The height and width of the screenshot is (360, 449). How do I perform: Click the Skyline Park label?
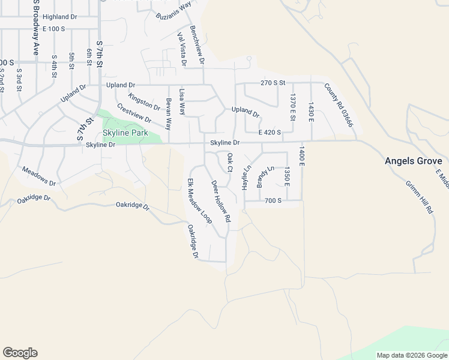pyautogui.click(x=124, y=133)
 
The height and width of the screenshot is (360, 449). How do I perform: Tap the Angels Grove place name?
pyautogui.click(x=414, y=161)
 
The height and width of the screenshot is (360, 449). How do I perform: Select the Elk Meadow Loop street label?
pyautogui.click(x=199, y=201)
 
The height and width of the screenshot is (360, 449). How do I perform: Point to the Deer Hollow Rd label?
pyautogui.click(x=220, y=202)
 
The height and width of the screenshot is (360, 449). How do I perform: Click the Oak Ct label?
pyautogui.click(x=229, y=162)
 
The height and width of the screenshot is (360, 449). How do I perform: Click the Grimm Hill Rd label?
pyautogui.click(x=419, y=197)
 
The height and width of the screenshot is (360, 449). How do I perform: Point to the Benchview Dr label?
pyautogui.click(x=197, y=45)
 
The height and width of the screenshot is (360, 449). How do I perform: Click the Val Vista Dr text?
pyautogui.click(x=181, y=49)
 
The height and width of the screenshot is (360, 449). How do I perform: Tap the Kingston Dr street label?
pyautogui.click(x=144, y=101)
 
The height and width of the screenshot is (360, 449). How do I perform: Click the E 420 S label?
pyautogui.click(x=270, y=133)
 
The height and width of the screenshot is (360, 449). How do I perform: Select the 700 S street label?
pyautogui.click(x=273, y=200)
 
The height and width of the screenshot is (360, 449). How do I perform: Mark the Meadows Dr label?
pyautogui.click(x=38, y=176)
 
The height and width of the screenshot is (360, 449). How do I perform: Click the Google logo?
pyautogui.click(x=20, y=353)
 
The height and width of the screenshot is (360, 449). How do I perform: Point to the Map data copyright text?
pyautogui.click(x=411, y=355)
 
